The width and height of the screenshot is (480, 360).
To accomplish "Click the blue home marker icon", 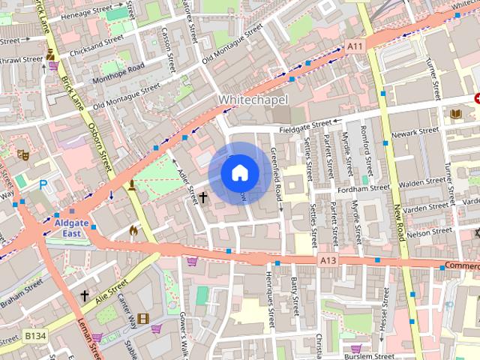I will coord(239,173).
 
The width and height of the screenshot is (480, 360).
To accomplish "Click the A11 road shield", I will coord(355,46).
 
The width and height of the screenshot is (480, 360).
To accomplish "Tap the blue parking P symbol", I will coord(43,183).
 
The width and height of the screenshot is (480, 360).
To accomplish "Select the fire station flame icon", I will coord(133,230).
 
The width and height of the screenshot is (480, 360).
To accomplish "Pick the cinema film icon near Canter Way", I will coord(143,318).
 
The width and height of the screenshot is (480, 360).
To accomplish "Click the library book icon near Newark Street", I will coord(455,114).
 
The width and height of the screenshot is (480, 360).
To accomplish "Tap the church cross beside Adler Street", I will coord(202,197).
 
